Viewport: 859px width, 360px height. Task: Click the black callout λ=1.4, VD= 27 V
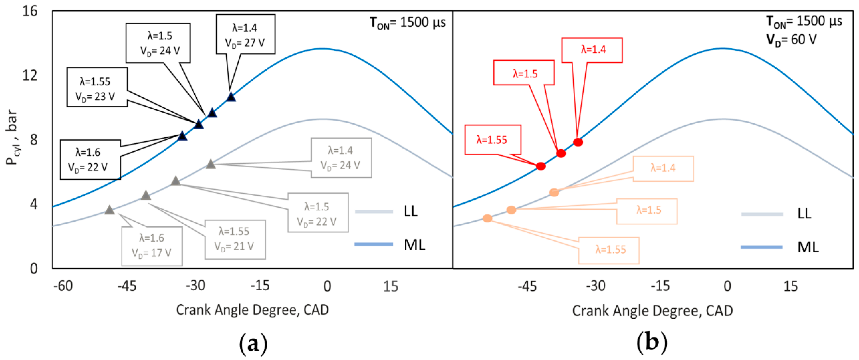point(246,34)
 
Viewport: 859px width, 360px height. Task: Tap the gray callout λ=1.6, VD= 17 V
point(152,246)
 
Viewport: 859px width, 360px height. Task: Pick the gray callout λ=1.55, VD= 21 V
point(235,239)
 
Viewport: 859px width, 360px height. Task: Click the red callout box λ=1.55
point(493,140)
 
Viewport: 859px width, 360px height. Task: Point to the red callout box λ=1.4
point(592,50)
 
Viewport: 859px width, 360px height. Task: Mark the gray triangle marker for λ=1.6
point(109,210)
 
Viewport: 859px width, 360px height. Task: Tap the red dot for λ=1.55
point(541,166)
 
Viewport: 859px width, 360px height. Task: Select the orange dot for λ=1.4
point(554,192)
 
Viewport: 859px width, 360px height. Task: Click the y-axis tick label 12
point(30,75)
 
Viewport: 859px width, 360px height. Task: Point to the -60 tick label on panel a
point(63,286)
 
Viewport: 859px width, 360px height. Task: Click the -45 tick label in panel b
point(527,286)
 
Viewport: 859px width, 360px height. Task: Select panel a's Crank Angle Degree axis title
point(252,310)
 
